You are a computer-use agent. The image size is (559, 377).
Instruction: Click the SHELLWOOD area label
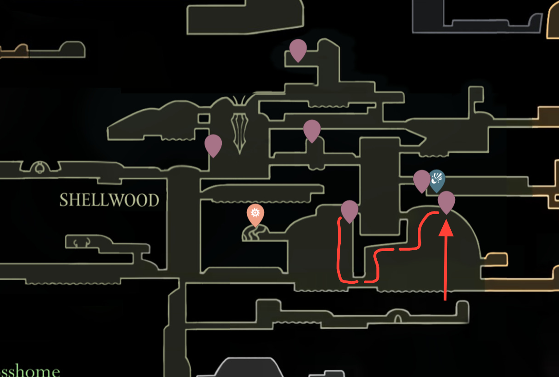click(109, 200)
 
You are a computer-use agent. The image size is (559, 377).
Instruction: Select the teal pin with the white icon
click(437, 180)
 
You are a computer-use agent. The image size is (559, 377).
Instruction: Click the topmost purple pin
click(298, 49)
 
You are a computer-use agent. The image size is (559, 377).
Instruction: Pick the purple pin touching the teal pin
click(421, 180)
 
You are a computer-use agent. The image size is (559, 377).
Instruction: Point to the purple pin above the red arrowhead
click(446, 201)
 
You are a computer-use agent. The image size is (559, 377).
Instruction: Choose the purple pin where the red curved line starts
click(350, 210)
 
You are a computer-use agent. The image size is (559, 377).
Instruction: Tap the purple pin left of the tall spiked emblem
click(213, 145)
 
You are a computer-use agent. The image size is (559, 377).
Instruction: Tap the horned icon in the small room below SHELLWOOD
click(82, 243)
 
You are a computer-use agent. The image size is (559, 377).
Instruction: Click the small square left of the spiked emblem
click(204, 119)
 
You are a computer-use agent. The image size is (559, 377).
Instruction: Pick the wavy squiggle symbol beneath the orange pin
click(255, 233)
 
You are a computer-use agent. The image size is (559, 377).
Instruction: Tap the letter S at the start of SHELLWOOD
click(64, 200)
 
